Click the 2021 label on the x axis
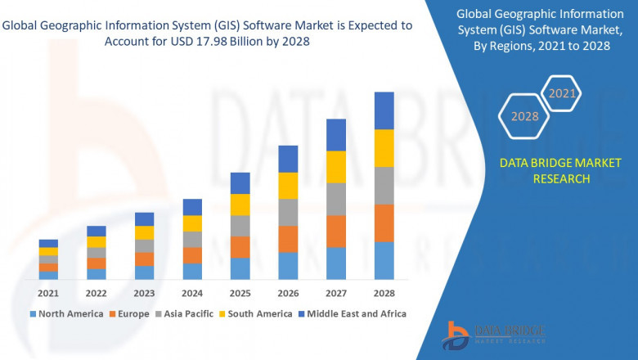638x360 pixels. (48, 293)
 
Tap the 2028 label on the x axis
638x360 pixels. (384, 293)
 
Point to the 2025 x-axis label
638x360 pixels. (240, 293)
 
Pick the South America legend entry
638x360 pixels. (258, 313)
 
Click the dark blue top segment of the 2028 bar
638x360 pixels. (384, 110)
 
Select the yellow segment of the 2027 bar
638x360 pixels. (336, 167)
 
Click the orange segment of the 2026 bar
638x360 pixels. (288, 239)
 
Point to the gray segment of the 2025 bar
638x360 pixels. (240, 226)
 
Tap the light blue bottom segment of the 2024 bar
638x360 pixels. (192, 272)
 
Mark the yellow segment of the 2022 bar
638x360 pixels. (97, 242)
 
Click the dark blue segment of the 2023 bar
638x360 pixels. (144, 219)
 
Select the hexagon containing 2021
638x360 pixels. (562, 94)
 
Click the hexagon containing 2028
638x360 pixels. (524, 116)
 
